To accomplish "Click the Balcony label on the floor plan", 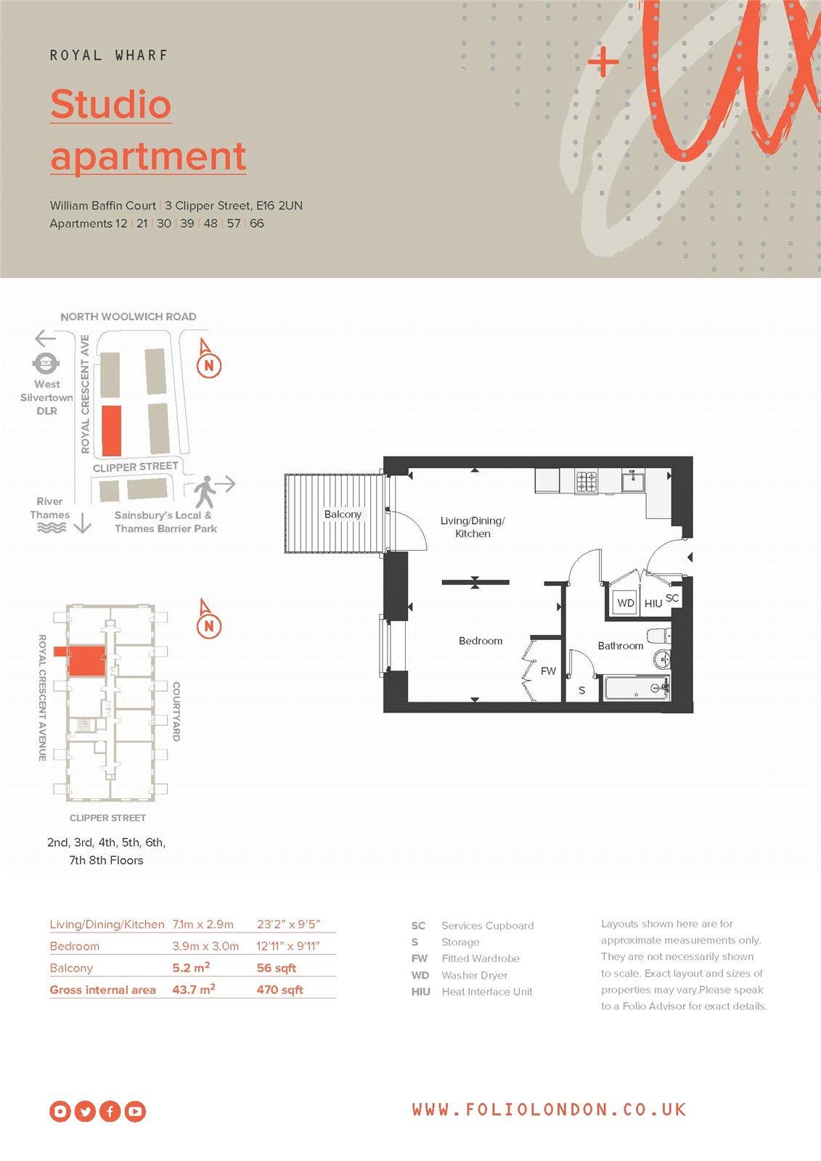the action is (x=343, y=514).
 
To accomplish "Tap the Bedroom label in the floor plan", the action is (x=481, y=641).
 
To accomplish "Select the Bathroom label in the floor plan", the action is (x=621, y=646).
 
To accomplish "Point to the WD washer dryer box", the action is (x=625, y=603).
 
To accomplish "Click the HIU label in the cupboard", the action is (x=653, y=603).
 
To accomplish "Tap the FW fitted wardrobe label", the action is (x=548, y=670).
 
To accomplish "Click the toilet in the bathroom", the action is (x=659, y=636).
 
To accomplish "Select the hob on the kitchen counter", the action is (x=586, y=481).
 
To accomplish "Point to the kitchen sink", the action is (x=633, y=480).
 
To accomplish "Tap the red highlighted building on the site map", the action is (x=112, y=431).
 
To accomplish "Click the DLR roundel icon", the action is (x=46, y=364).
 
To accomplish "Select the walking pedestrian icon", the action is (x=205, y=491).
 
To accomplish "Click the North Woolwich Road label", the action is (x=128, y=316).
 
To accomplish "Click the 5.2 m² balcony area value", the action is (x=191, y=967).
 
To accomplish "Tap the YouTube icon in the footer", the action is (x=135, y=1111).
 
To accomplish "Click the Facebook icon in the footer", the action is (x=110, y=1111).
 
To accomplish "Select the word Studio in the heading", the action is (x=111, y=104).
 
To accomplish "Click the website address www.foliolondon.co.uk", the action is (x=550, y=1109).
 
